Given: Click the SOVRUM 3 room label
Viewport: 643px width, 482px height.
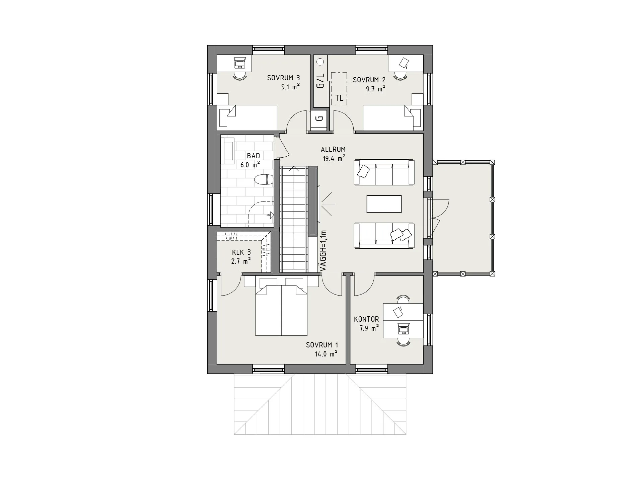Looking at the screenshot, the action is point(283,78).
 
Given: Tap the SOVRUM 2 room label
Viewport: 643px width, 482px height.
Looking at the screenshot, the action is point(369,80).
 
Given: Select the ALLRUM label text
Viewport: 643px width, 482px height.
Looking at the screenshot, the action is point(333,150).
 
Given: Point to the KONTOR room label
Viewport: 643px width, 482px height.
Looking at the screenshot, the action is point(366,319).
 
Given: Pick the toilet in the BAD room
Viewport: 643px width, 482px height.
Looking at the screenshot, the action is point(264,180).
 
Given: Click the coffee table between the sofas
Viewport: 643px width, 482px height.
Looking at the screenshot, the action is point(384,204).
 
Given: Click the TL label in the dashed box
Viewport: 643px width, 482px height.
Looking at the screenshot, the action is point(339,98).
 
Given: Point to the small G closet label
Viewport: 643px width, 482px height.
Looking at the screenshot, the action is point(319,118).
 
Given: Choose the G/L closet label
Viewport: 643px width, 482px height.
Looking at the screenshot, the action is point(320,81).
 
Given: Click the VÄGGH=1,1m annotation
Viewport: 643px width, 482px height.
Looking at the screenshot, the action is point(323,251).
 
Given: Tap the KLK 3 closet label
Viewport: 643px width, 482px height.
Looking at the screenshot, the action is point(241,253).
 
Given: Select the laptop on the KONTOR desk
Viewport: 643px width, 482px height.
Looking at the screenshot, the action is point(403,329).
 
